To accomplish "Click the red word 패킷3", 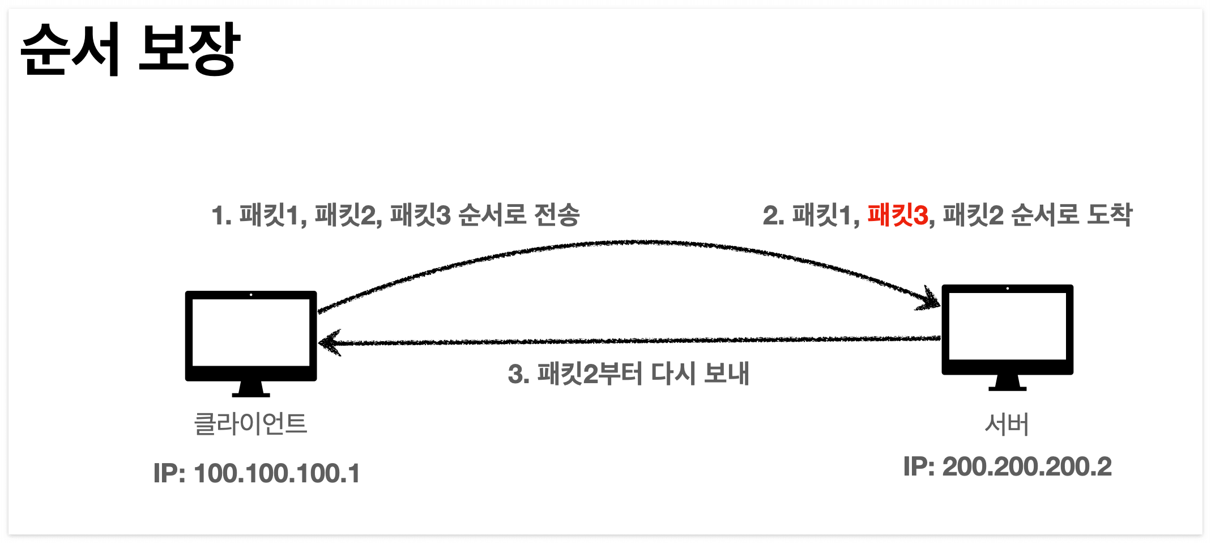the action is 898,215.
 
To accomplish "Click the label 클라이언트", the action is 250,423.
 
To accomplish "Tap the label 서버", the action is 1007,423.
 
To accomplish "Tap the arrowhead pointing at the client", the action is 329,343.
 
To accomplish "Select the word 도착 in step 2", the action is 1110,215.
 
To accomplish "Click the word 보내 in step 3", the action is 727,374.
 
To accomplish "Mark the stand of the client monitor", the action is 251,389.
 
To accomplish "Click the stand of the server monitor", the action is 1007,383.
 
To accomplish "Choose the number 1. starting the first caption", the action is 221,216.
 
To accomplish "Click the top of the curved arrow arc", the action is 640,243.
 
